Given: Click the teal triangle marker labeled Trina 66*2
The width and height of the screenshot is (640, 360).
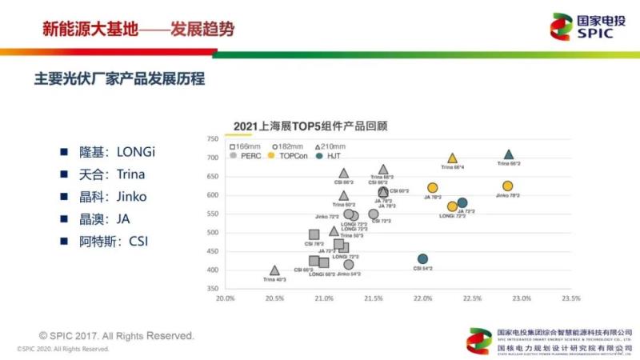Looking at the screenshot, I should [x=508, y=155].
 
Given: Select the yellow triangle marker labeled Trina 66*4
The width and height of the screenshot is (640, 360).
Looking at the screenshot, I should [x=453, y=158].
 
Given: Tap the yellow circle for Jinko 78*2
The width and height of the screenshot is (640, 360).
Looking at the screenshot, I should [x=507, y=186].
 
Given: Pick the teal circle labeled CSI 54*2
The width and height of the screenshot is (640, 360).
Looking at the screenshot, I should [x=422, y=259].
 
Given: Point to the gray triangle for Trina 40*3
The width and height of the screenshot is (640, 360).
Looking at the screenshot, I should [x=274, y=271].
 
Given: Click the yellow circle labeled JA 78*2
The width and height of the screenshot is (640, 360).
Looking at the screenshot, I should [x=433, y=188].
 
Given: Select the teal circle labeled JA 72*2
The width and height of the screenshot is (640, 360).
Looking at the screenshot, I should [x=462, y=203].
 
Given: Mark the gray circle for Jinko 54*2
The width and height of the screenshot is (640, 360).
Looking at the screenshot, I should [x=348, y=265].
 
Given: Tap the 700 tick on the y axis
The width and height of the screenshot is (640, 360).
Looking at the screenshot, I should [x=213, y=158].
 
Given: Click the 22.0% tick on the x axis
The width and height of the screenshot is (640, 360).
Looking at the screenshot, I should [x=422, y=298].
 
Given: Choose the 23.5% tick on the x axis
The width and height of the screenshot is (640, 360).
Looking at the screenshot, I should [x=570, y=298].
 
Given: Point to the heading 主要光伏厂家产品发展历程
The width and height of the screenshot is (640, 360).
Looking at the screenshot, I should [x=119, y=79].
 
